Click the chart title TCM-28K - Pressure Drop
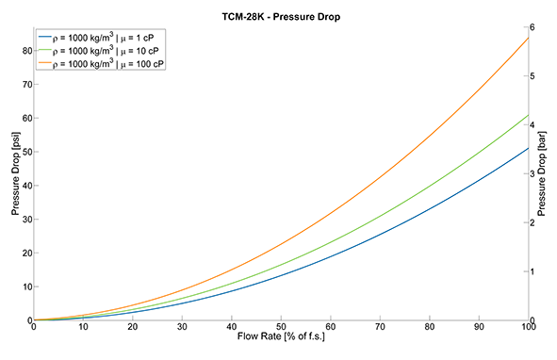(x=281, y=17)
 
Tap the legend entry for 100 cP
(x=101, y=64)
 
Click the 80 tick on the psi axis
(x=27, y=51)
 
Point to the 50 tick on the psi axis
(x=27, y=152)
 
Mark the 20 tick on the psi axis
(x=27, y=253)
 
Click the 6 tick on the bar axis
(x=532, y=27)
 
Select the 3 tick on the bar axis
(x=532, y=173)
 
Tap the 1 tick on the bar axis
(x=532, y=271)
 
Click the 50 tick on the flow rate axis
(x=281, y=326)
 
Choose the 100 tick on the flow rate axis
(x=529, y=326)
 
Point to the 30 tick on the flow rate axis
(x=182, y=326)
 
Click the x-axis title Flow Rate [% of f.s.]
(x=281, y=336)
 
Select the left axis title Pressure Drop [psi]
(x=16, y=173)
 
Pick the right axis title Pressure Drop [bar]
(x=541, y=173)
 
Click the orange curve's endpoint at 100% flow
(x=529, y=38)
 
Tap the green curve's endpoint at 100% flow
(x=529, y=115)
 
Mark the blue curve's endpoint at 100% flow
(x=529, y=148)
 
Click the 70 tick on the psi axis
(x=27, y=85)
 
